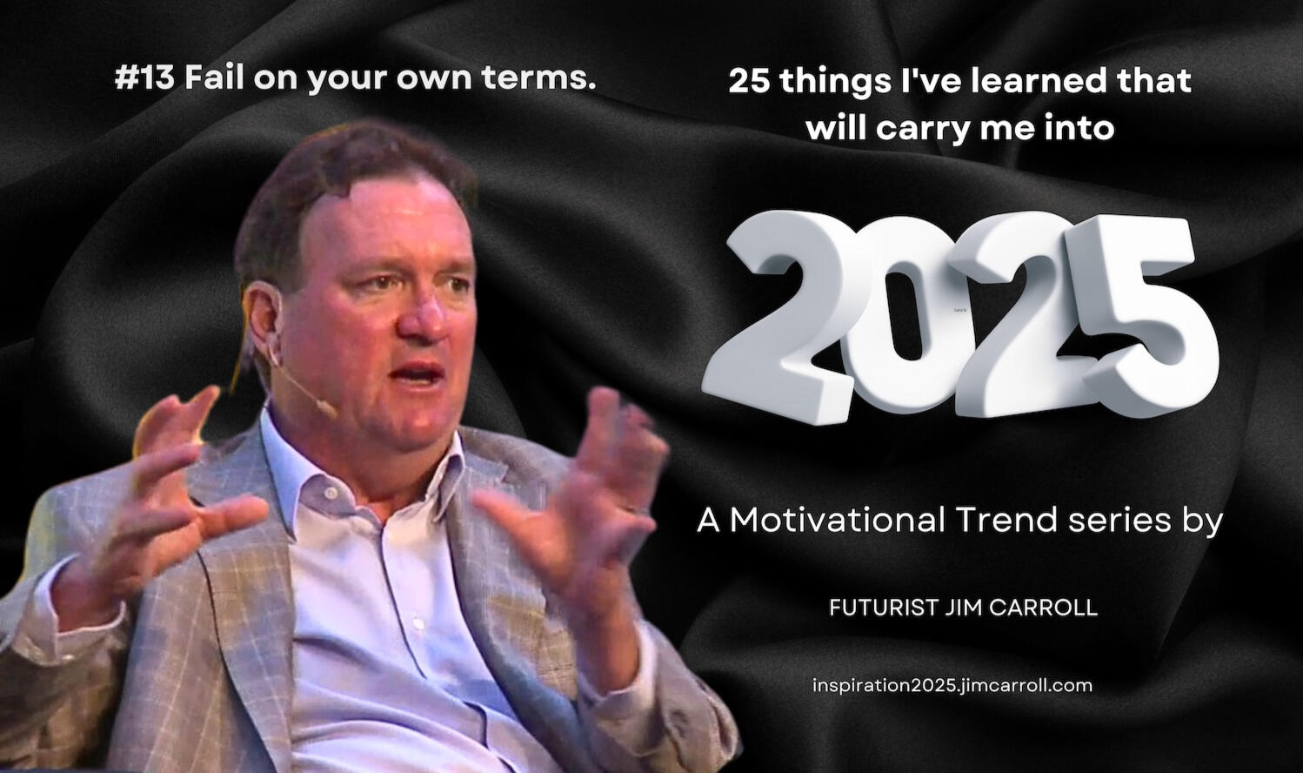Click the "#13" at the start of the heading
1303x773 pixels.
(x=144, y=78)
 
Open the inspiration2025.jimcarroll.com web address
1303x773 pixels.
(x=952, y=686)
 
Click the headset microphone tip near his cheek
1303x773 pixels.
(x=330, y=411)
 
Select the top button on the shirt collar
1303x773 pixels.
(x=331, y=494)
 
